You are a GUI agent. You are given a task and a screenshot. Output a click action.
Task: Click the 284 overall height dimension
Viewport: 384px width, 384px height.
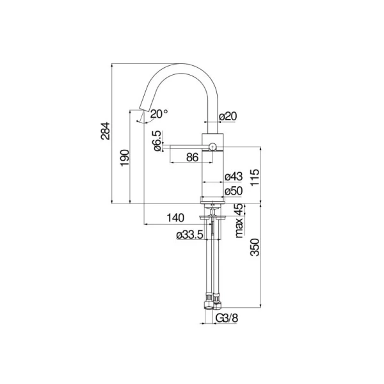(106, 131)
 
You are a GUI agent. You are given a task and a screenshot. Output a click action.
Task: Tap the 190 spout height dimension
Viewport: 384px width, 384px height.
(125, 157)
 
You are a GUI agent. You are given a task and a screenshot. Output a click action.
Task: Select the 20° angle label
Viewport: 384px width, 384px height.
(159, 114)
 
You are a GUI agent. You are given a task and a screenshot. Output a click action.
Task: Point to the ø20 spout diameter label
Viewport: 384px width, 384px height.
(228, 116)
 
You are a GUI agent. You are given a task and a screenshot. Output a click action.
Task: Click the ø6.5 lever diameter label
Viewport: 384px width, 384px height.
(157, 141)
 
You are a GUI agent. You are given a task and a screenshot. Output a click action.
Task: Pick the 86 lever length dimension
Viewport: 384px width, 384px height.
(192, 157)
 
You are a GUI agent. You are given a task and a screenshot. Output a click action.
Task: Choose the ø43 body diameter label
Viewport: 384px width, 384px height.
(234, 177)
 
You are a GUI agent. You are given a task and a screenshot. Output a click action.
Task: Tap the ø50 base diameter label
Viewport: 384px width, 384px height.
(234, 191)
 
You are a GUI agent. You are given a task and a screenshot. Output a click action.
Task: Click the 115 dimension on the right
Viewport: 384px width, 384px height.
(255, 177)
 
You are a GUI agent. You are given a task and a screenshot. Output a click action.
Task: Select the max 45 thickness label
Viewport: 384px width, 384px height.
(239, 220)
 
